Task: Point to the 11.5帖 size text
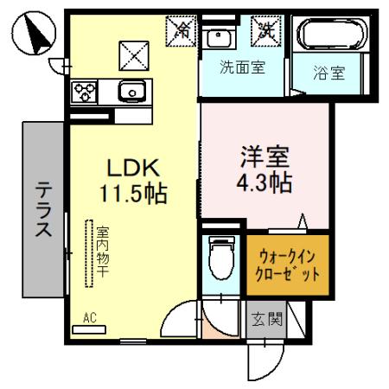pos(131,192)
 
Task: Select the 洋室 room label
pos(265,158)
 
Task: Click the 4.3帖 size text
pos(265,182)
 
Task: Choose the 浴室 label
pos(328,74)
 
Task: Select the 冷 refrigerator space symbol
pos(182,29)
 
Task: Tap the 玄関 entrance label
pos(266,319)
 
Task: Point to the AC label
pos(89,318)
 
